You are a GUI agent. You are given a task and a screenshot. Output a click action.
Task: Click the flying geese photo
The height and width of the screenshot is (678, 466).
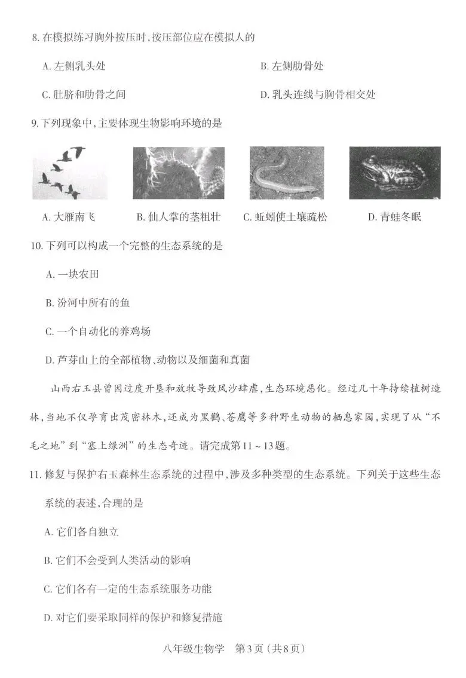pyautogui.click(x=62, y=173)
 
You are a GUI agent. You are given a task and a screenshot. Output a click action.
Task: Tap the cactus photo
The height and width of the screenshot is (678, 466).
pyautogui.click(x=179, y=173)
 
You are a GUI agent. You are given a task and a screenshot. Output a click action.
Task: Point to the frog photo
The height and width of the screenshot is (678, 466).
pyautogui.click(x=395, y=173)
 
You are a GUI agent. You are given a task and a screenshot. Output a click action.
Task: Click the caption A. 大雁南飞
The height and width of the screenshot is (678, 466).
pyautogui.click(x=68, y=217)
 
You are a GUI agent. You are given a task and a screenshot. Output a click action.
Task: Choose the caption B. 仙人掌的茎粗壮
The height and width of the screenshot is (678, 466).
pyautogui.click(x=178, y=217)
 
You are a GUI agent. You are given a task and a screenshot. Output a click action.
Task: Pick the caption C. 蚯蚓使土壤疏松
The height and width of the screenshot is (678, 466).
pyautogui.click(x=285, y=217)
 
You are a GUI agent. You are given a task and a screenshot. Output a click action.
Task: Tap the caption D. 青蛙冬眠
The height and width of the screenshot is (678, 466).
pyautogui.click(x=394, y=217)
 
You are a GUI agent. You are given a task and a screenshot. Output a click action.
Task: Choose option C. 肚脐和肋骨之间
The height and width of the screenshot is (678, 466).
pyautogui.click(x=84, y=94)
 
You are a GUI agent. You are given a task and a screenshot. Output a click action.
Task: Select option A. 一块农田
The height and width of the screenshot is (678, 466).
pyautogui.click(x=72, y=275)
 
